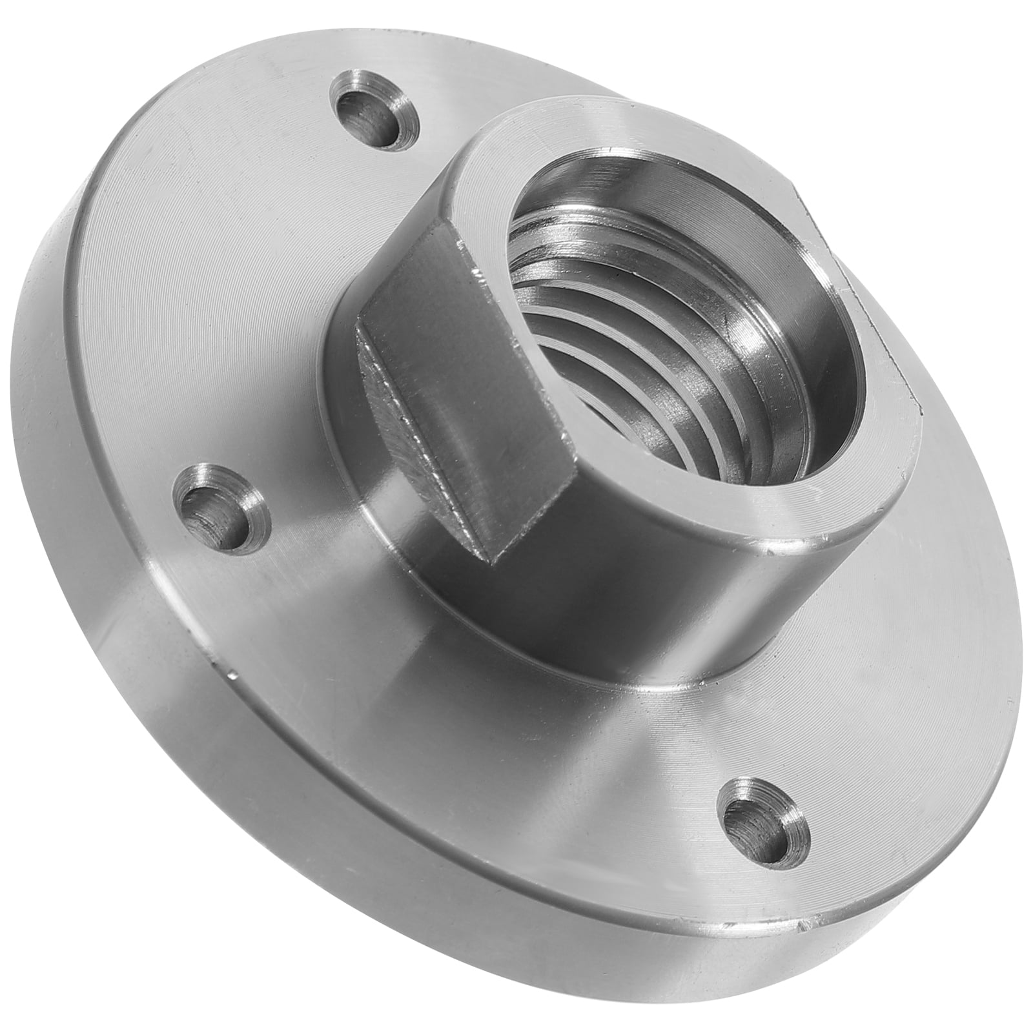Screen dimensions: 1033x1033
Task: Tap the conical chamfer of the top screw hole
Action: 394,103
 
